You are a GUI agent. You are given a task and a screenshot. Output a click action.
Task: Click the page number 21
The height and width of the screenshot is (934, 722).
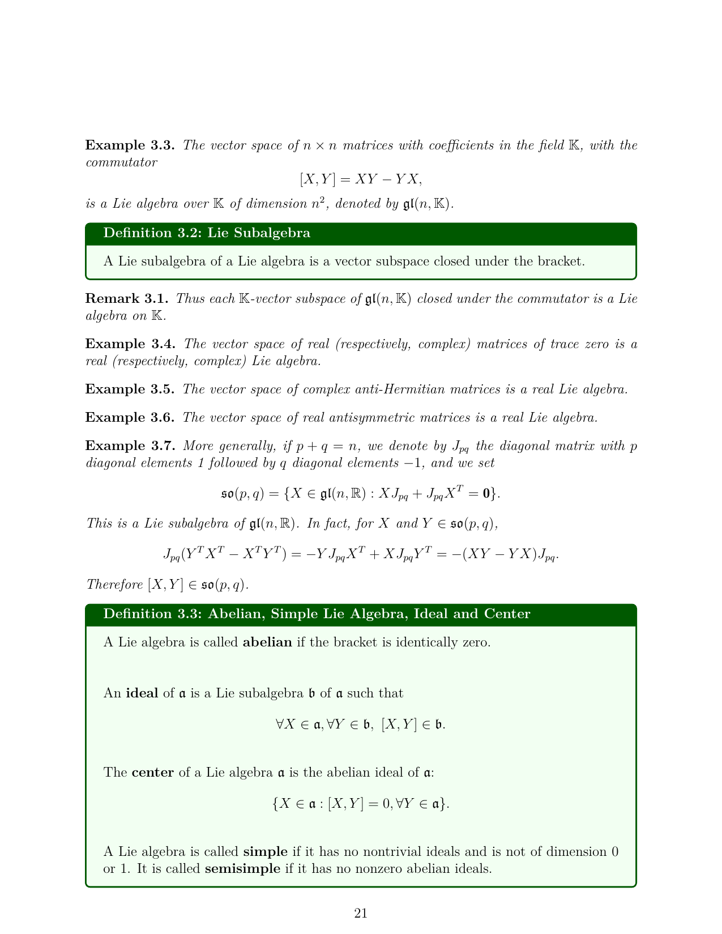click(361, 913)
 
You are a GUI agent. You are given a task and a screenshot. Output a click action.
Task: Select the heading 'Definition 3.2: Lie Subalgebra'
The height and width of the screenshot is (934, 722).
click(207, 233)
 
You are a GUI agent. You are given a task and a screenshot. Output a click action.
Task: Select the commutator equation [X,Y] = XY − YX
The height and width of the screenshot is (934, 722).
click(361, 179)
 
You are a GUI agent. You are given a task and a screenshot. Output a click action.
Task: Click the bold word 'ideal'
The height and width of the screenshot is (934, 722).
click(142, 693)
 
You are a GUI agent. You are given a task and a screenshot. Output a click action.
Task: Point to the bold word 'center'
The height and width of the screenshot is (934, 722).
click(152, 773)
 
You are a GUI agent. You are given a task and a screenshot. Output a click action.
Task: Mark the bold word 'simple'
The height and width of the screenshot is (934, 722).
click(266, 852)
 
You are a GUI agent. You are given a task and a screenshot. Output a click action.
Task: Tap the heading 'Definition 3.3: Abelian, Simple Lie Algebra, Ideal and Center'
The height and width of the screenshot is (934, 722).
click(317, 614)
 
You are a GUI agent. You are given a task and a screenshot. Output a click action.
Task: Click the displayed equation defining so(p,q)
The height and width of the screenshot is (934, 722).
click(361, 494)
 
